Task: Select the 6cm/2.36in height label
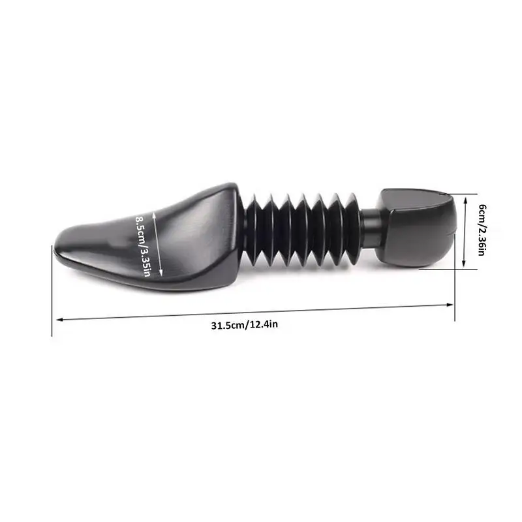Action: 481,230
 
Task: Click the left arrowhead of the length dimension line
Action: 59,320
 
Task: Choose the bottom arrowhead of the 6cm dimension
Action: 464,266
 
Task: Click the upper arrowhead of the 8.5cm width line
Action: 154,212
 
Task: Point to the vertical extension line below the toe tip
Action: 52,294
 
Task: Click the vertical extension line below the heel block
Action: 455,294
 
